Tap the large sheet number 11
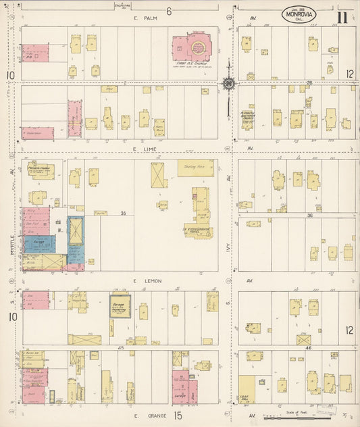342,16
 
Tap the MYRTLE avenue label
12,241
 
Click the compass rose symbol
228,83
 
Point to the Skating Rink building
196,168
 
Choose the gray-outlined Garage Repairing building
120,306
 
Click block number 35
123,213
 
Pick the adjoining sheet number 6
170,10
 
